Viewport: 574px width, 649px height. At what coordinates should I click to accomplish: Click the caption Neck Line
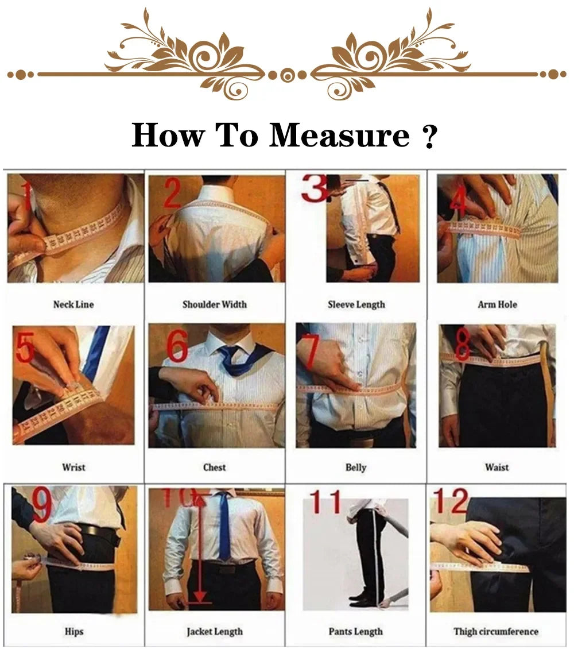[x=73, y=304]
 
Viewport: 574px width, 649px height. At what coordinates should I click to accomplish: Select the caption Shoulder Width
[x=214, y=304]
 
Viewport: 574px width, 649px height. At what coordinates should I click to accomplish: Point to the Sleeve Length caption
[x=356, y=304]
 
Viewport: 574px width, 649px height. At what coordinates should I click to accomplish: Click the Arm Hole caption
[x=497, y=304]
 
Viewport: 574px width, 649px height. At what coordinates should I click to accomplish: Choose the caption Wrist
[x=73, y=468]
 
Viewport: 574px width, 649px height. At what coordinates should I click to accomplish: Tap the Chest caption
[x=214, y=468]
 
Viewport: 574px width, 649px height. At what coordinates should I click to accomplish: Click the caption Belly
[x=355, y=468]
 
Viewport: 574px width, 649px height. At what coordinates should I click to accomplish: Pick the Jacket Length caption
[x=214, y=632]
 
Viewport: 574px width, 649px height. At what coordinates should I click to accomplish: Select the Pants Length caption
[x=356, y=632]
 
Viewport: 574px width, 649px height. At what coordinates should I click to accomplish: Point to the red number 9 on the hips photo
[x=41, y=505]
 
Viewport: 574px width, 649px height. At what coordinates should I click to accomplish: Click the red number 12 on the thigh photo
[x=451, y=501]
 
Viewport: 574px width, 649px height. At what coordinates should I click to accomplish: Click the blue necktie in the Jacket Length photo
[x=224, y=528]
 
